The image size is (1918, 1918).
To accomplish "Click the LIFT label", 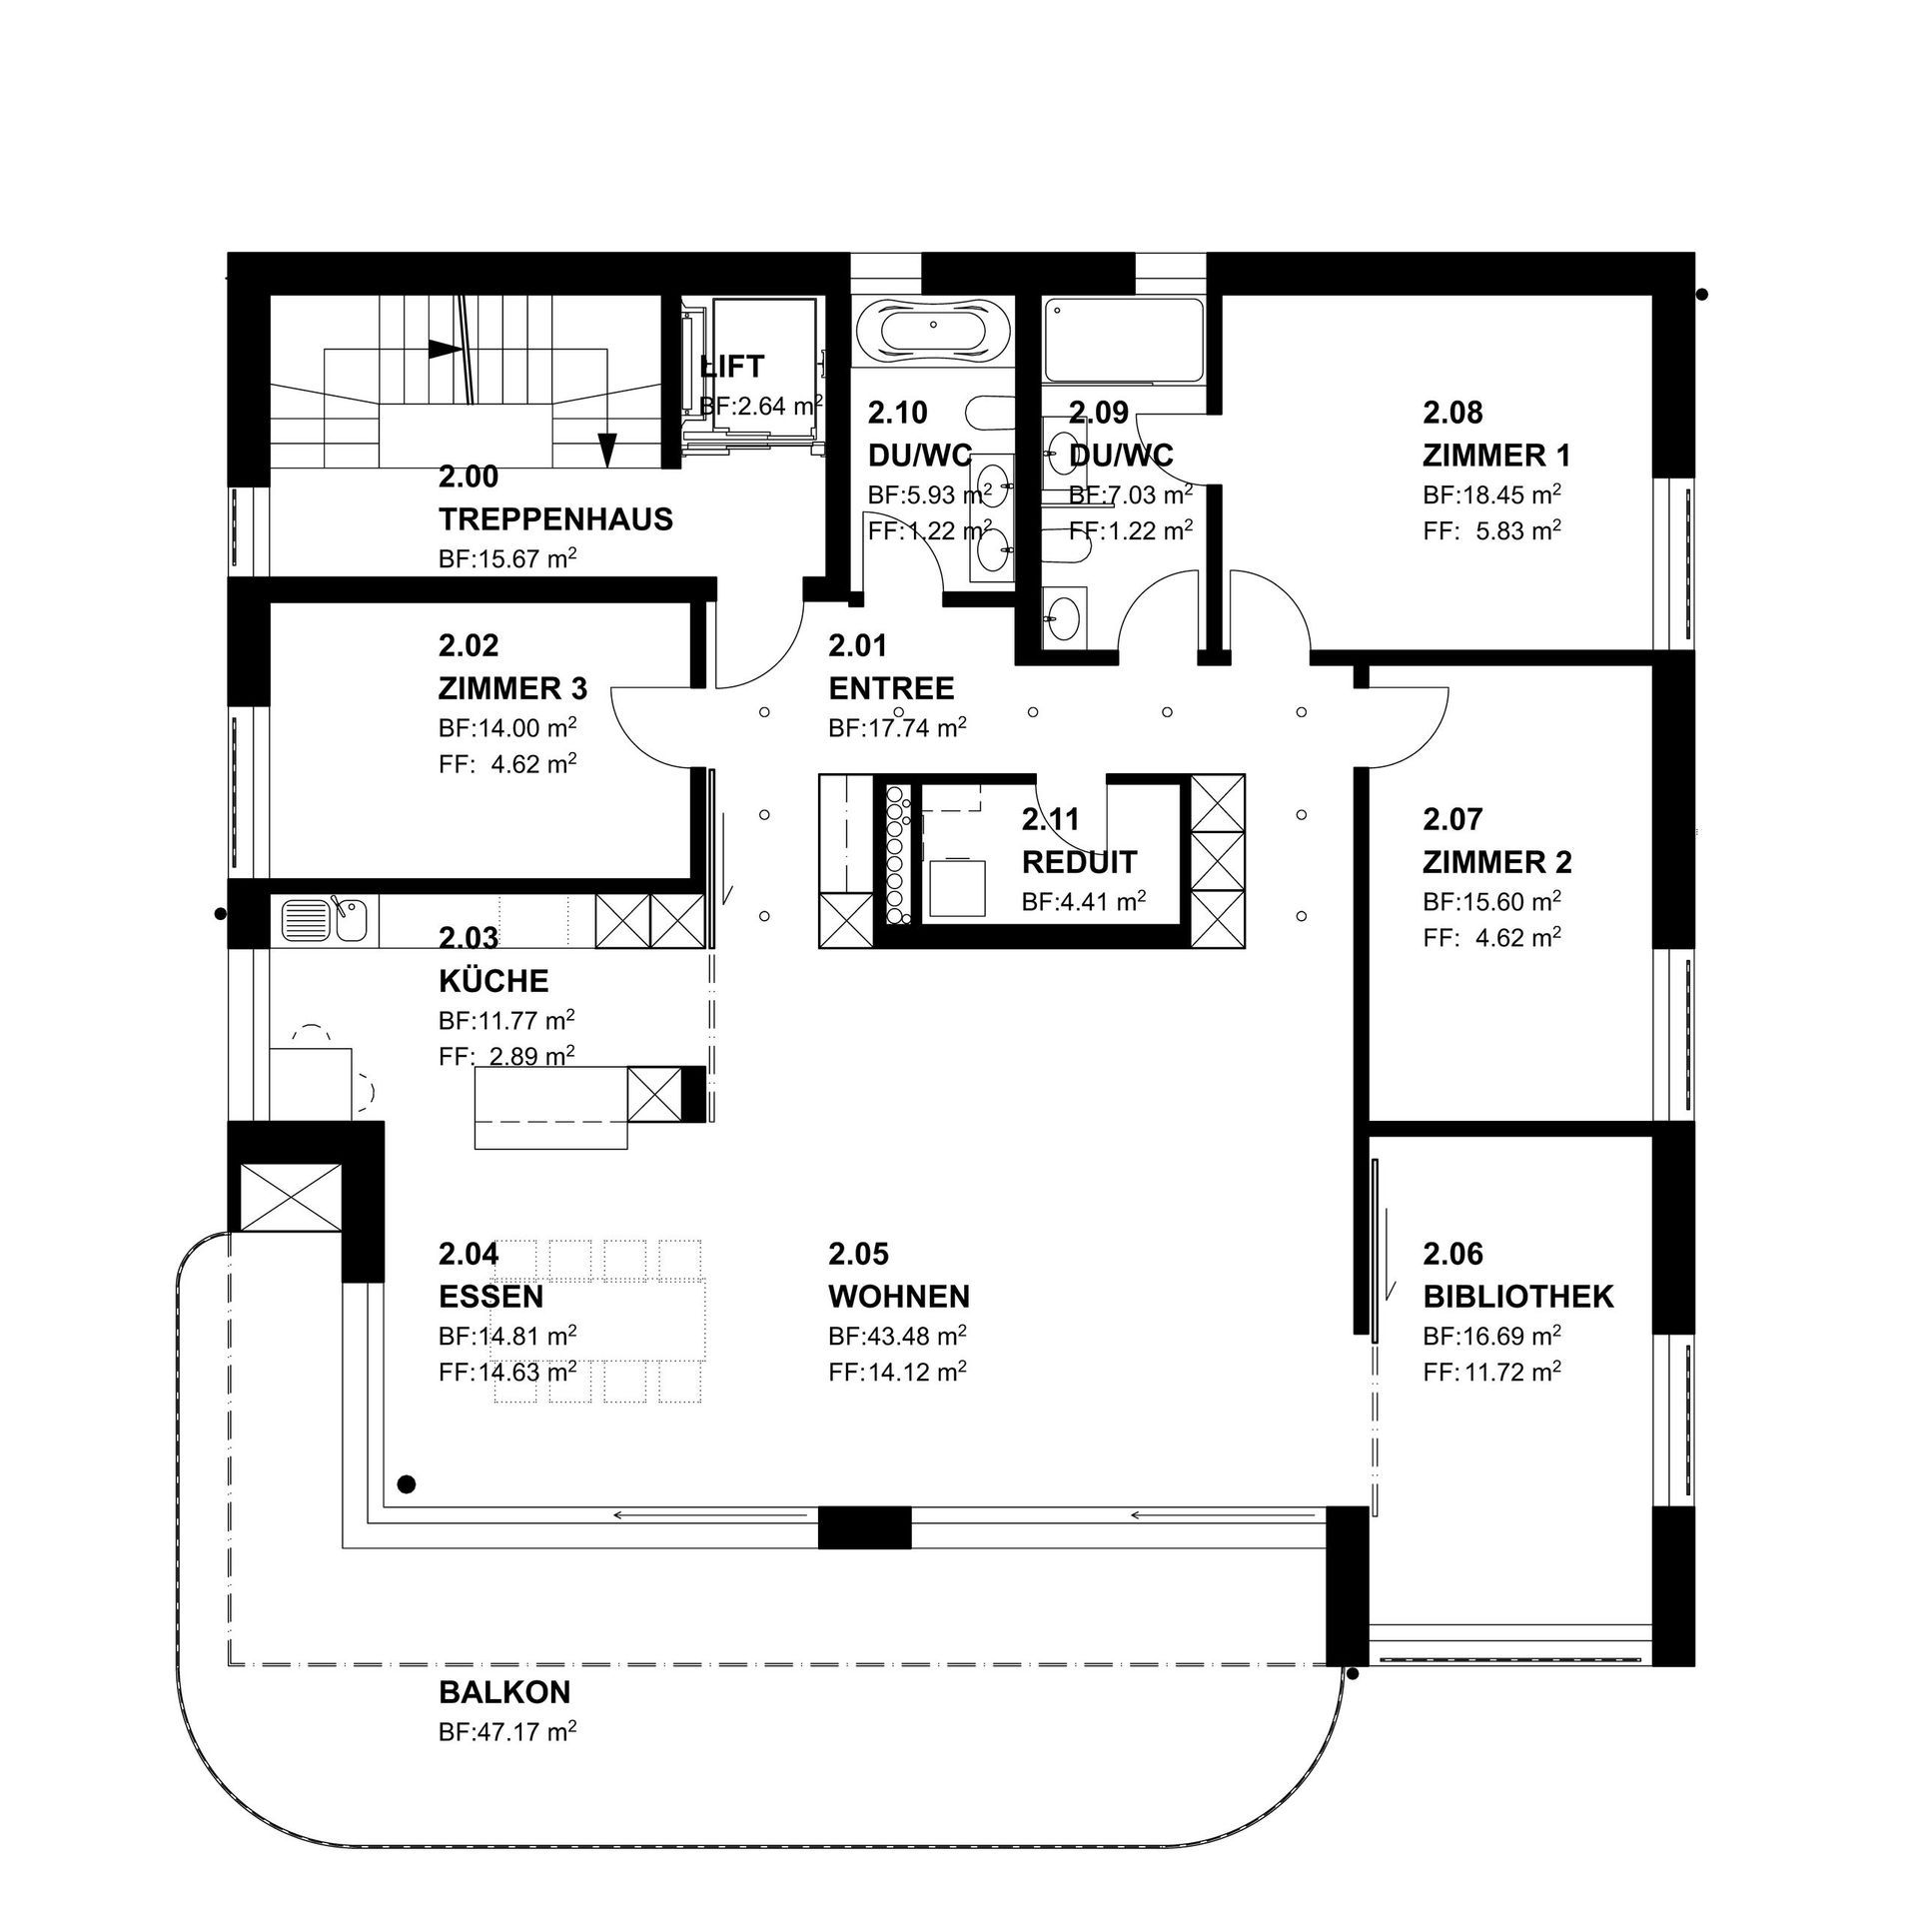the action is tap(731, 367).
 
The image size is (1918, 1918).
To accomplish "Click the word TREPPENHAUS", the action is tap(555, 519).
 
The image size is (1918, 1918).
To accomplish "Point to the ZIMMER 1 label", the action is tap(1496, 456).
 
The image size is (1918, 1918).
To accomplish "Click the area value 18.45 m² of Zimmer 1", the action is tap(1492, 495).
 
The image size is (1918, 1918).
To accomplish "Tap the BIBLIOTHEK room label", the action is tap(1518, 1297).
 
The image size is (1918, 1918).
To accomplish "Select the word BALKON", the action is tap(504, 1692).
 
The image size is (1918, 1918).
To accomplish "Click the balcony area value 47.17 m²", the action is tap(507, 1732).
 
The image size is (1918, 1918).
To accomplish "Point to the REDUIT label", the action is tap(1079, 861).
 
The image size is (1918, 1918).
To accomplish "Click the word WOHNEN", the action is tap(899, 1297).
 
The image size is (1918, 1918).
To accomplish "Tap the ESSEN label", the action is tap(491, 1297).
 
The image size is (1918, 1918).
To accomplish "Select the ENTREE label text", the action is tap(891, 688).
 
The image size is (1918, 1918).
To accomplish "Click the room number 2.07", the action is tap(1453, 819).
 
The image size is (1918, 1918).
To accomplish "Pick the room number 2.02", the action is tap(469, 645).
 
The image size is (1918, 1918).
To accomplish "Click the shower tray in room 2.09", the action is tap(1124, 342).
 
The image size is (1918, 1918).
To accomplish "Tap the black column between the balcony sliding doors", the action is tap(865, 1527).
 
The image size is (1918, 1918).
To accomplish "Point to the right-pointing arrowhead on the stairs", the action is tap(445, 350).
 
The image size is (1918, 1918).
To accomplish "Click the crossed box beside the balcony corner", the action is tap(287, 1197).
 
